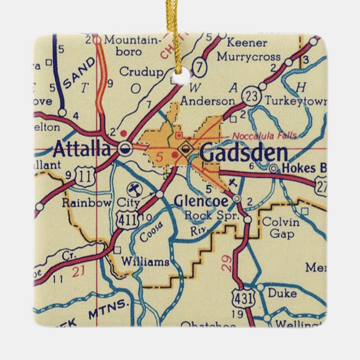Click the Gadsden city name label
point(244,153)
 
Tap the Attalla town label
point(82,149)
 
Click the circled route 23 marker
point(252,96)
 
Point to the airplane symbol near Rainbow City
point(134,187)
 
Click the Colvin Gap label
point(281,227)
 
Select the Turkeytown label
point(291,101)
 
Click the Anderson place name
point(207,101)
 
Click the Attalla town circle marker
point(126,149)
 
